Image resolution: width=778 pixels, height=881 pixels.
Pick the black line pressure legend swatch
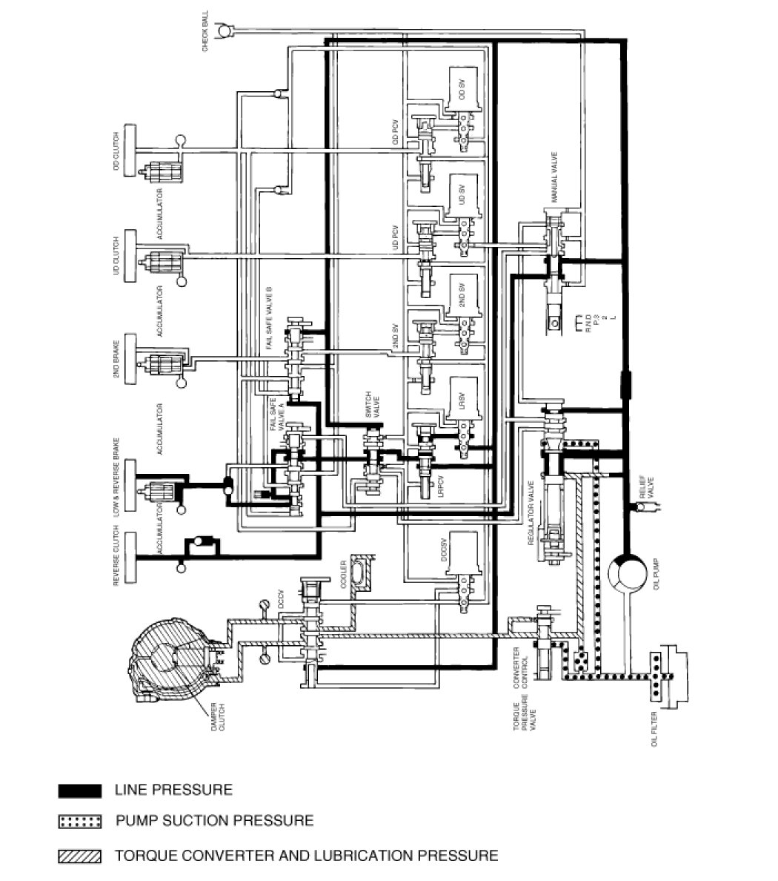pos(79,791)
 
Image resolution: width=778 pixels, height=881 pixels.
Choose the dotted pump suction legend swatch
pos(79,822)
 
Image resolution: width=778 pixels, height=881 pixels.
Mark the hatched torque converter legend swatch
pos(79,856)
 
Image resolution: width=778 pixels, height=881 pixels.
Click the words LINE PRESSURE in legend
pos(173,791)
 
